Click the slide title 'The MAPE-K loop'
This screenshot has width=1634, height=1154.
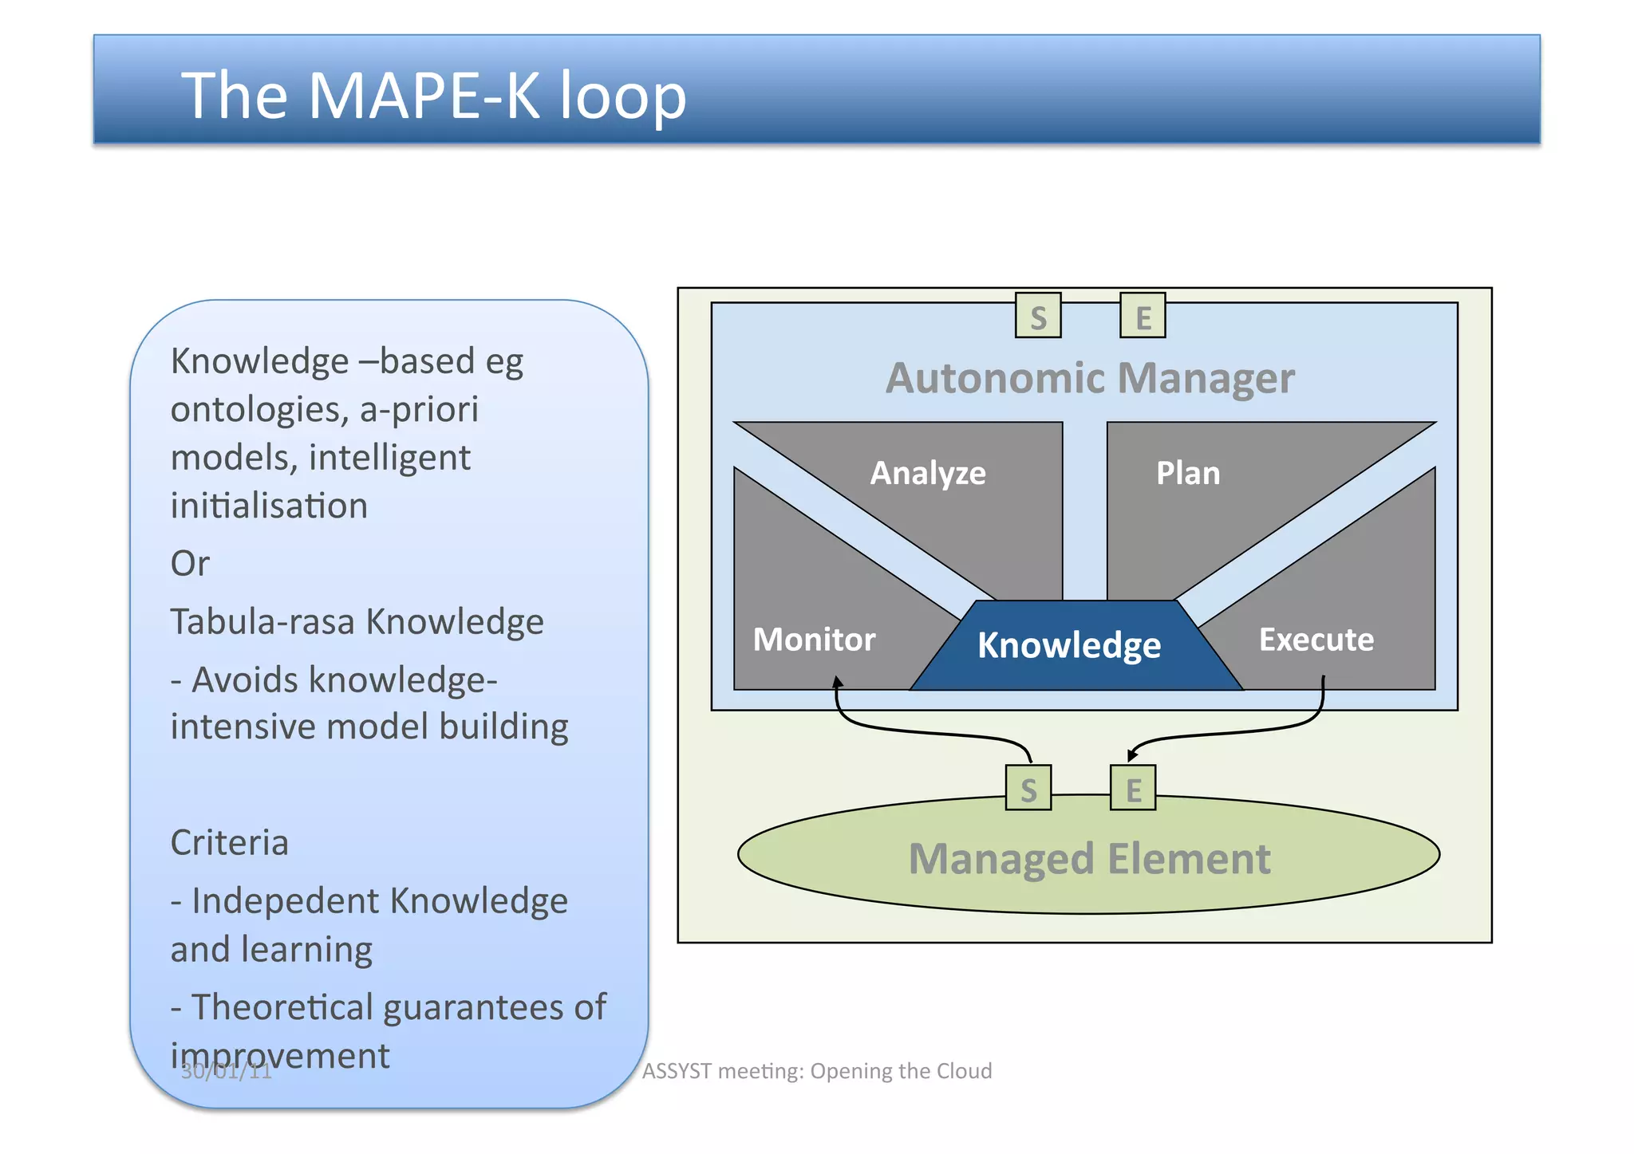click(433, 96)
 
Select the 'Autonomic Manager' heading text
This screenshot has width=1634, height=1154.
click(1089, 378)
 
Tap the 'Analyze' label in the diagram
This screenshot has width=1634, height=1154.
click(927, 473)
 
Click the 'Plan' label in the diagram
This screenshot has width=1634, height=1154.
click(1187, 473)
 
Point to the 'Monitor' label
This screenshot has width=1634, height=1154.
click(814, 640)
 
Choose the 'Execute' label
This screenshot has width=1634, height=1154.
click(1316, 640)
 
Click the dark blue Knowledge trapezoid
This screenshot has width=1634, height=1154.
click(1069, 645)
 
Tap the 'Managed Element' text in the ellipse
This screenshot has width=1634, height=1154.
click(1089, 859)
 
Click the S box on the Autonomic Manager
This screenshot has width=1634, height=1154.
click(1037, 316)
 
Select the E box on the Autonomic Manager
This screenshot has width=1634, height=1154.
click(1143, 316)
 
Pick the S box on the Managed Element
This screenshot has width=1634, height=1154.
click(1028, 788)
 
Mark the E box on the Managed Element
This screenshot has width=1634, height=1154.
click(1133, 788)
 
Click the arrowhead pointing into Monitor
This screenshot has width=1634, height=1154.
click(837, 682)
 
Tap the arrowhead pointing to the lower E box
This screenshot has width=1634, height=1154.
click(1131, 754)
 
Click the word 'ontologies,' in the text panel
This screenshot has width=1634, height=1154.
click(259, 410)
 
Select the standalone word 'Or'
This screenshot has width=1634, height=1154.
click(190, 564)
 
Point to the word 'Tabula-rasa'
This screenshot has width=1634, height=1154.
click(262, 621)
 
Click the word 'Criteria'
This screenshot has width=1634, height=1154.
click(229, 843)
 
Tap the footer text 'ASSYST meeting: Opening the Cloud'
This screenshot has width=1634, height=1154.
click(816, 1070)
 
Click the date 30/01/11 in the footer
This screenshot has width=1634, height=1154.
click(227, 1071)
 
